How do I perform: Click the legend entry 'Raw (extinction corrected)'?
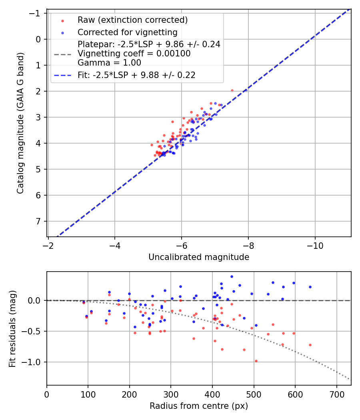point(132,20)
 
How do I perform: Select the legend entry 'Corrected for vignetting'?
point(127,32)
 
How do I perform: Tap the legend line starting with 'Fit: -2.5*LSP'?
point(136,75)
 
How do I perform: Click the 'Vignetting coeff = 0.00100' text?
point(134,54)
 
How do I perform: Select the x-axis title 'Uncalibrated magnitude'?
point(199,257)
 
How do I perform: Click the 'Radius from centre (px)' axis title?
point(199,406)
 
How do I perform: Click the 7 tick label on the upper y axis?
point(39,221)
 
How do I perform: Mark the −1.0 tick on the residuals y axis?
point(34,362)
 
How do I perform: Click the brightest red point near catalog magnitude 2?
point(232,90)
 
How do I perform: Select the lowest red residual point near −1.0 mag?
point(256,361)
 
